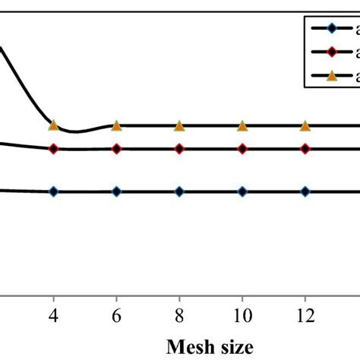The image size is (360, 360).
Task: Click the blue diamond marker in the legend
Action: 330,30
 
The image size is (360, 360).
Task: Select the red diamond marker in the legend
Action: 330,52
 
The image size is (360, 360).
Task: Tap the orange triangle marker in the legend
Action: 330,75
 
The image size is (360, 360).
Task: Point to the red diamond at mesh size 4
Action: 53,149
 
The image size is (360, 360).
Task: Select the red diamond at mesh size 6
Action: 116,149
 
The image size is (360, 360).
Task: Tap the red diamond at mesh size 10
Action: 242,149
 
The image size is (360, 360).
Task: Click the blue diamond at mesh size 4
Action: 53,192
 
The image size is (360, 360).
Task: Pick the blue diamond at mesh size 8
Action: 179,192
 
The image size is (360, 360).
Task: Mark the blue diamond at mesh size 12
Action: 305,192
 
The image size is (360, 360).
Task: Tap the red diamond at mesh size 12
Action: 305,149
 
